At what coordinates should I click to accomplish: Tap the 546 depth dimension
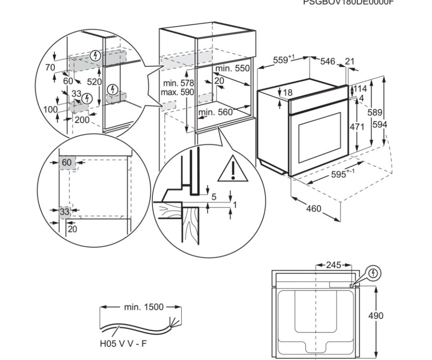click(x=327, y=61)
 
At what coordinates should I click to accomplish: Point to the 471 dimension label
click(x=356, y=126)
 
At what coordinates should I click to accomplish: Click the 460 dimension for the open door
click(x=313, y=209)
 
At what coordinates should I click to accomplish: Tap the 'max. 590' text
click(x=178, y=92)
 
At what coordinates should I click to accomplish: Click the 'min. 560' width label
click(x=216, y=112)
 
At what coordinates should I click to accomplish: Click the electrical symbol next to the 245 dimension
click(x=374, y=274)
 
